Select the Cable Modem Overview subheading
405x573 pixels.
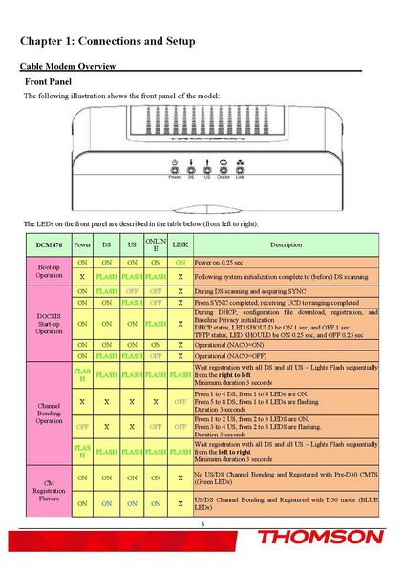coord(68,66)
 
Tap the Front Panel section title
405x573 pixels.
coord(49,82)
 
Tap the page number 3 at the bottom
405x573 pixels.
coord(202,524)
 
